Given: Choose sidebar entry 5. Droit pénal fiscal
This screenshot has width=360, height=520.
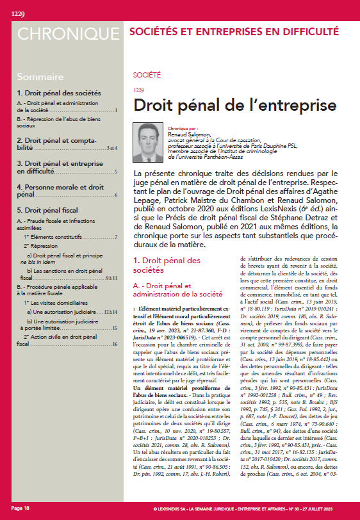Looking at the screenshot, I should (51, 209).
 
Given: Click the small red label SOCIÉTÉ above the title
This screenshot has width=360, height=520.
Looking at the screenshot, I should (146, 76).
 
